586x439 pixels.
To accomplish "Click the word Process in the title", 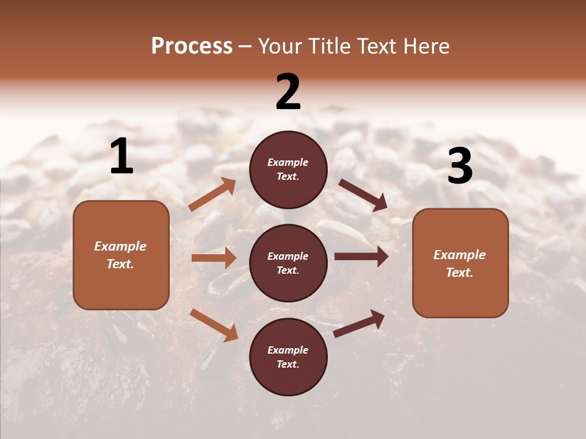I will [192, 46].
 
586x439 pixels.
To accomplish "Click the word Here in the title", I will [424, 46].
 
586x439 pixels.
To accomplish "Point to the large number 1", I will [121, 157].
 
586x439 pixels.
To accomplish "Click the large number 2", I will [288, 92].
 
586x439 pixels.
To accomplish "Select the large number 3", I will [460, 166].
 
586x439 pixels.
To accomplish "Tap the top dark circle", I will [288, 170].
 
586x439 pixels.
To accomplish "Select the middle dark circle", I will [288, 263].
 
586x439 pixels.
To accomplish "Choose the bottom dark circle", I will [288, 357].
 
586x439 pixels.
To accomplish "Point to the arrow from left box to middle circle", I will [214, 258].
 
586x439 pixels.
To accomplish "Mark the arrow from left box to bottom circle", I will [214, 325].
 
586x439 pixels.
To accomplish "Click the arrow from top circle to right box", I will [363, 195].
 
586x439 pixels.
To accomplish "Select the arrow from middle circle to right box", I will [361, 257].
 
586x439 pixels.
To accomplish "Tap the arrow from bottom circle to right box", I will [359, 324].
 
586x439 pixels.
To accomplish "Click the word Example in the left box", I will [120, 246].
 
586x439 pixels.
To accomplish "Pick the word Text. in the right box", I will [460, 273].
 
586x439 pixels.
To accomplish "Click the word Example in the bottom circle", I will [288, 350].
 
